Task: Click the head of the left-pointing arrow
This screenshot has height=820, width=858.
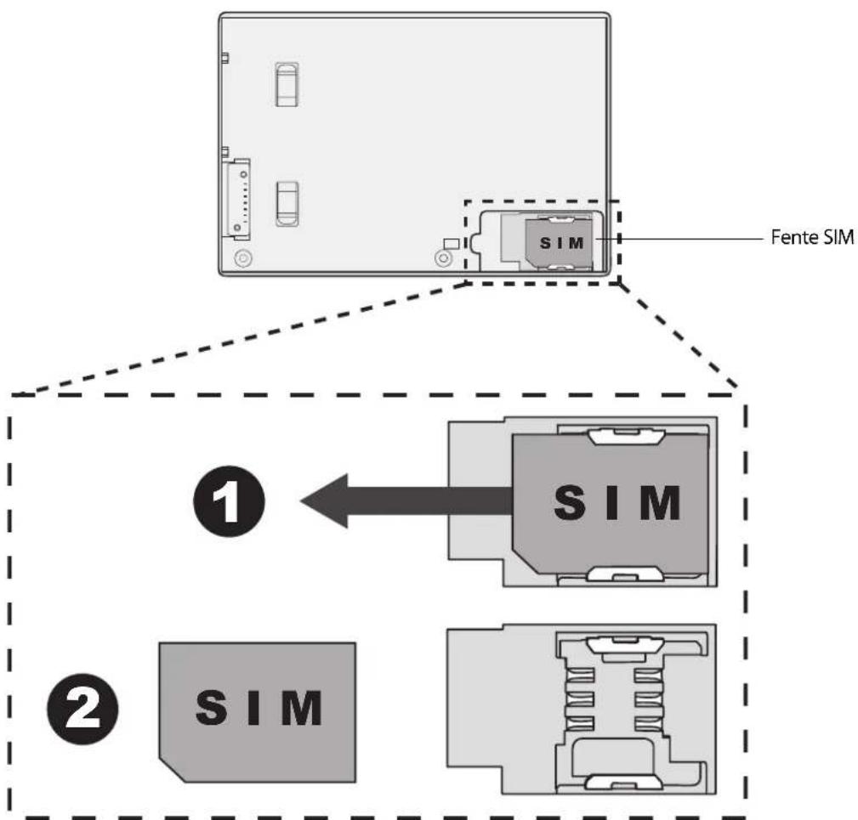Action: pos(323,501)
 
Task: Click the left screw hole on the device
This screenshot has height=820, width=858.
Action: pos(241,257)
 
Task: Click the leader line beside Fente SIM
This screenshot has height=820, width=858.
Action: pos(689,240)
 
